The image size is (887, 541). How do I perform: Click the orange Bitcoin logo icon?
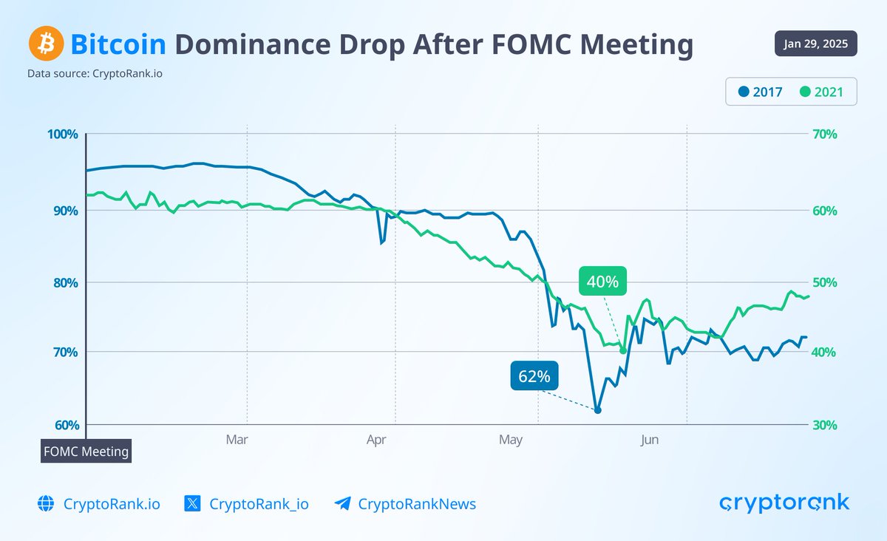point(46,45)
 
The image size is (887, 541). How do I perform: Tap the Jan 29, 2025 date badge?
point(816,44)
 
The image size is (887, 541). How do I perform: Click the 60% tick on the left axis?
point(65,425)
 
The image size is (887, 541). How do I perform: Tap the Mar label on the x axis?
point(237,440)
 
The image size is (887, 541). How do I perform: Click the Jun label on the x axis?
point(650,440)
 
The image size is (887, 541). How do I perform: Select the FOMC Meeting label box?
point(85,451)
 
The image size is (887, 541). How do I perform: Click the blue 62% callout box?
point(534,375)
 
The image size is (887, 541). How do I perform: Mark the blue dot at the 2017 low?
point(598,410)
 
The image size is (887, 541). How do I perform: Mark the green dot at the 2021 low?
point(623,350)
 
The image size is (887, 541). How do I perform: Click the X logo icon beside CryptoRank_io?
point(192,504)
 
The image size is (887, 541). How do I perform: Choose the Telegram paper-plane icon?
point(342,504)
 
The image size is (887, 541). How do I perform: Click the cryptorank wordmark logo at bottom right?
point(784,503)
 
